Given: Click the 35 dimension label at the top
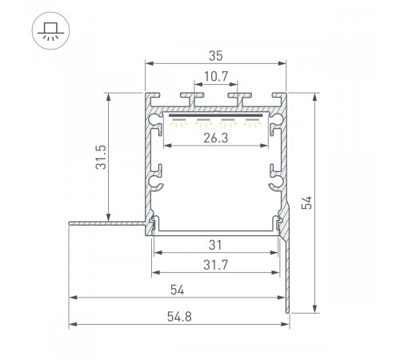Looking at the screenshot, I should [x=216, y=55].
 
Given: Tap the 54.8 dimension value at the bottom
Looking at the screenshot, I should [x=178, y=314].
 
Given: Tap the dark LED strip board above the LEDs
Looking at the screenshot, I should [x=217, y=115].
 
